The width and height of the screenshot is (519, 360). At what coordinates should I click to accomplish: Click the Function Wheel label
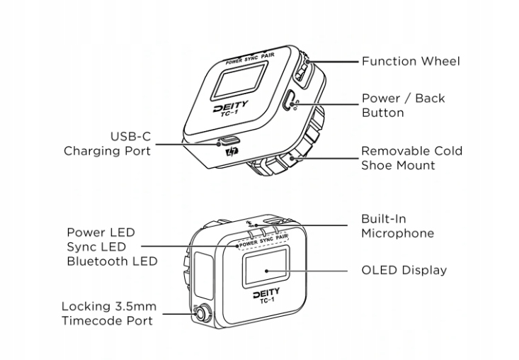click(410, 61)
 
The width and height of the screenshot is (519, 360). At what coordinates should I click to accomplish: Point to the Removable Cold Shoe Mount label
click(411, 158)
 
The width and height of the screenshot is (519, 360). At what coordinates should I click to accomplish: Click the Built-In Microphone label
click(397, 226)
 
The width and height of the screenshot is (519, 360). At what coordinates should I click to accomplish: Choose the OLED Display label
click(404, 270)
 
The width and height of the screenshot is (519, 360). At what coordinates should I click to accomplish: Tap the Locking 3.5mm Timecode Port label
click(107, 313)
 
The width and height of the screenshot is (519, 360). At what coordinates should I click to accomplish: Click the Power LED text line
click(101, 232)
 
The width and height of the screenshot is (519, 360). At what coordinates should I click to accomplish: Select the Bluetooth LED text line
click(110, 261)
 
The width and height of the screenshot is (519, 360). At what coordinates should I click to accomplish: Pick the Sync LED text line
click(96, 247)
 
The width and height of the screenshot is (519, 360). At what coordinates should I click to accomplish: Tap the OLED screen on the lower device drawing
click(266, 270)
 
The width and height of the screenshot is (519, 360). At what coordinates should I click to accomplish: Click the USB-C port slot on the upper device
click(227, 140)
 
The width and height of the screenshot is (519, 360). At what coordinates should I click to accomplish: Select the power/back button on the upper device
click(289, 101)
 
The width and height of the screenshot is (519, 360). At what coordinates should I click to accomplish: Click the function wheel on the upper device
click(302, 70)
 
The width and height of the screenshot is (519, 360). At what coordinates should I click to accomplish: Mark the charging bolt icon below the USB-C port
click(229, 152)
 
